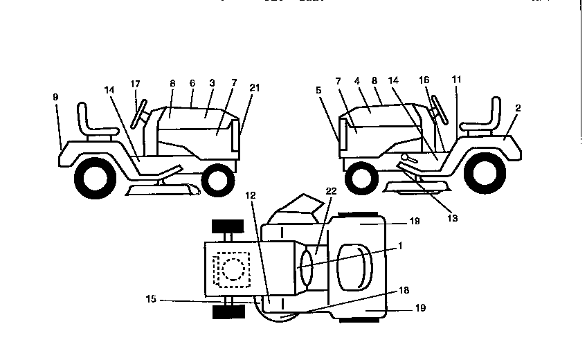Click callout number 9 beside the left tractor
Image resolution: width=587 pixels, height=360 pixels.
[55, 98]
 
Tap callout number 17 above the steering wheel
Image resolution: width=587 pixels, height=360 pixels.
[136, 84]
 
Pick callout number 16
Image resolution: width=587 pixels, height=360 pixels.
[424, 81]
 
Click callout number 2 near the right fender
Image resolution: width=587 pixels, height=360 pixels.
[518, 109]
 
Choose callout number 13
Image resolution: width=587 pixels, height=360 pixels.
[452, 217]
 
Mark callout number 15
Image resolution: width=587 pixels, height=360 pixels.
[152, 300]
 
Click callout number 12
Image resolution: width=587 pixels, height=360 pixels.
[250, 196]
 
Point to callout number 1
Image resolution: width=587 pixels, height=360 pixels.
[399, 246]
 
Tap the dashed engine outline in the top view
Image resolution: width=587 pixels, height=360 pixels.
[230, 268]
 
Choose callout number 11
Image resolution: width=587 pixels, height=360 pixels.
[455, 81]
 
